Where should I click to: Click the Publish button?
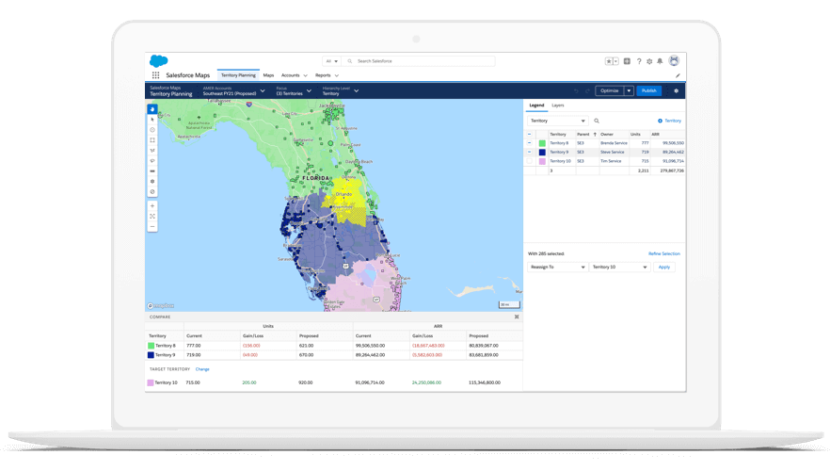tap(648, 91)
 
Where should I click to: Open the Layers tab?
tap(558, 106)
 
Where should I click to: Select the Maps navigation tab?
tap(268, 75)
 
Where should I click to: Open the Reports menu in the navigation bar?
tap(326, 75)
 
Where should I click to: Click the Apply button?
tap(664, 267)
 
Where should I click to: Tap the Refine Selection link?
tap(663, 253)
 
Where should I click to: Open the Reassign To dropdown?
tap(557, 267)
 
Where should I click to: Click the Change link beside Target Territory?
tap(202, 369)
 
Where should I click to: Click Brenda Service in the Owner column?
tap(614, 143)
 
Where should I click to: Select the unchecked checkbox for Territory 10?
tap(530, 161)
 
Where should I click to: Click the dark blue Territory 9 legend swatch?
tap(542, 152)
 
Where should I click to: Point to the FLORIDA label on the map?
tap(312, 176)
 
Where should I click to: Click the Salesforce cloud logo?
tap(158, 61)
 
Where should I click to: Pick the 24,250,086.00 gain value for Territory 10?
tap(426, 382)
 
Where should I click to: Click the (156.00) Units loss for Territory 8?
tap(251, 346)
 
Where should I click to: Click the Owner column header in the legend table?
tap(607, 134)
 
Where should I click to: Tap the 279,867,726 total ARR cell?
tap(671, 171)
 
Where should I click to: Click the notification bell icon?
tap(660, 61)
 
